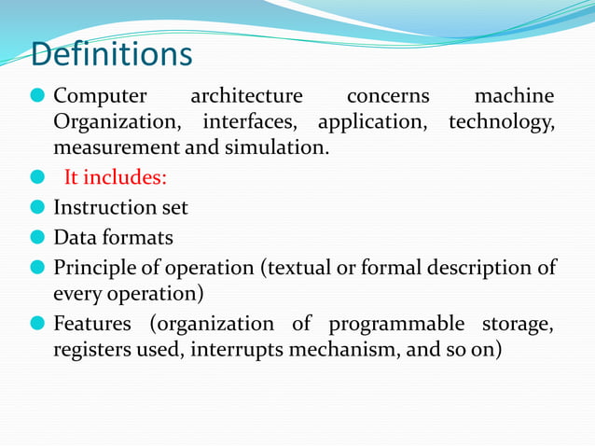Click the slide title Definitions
point(112,54)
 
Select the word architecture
point(246,95)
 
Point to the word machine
point(514,95)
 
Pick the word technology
point(500,121)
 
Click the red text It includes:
point(116,178)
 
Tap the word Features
point(92,325)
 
